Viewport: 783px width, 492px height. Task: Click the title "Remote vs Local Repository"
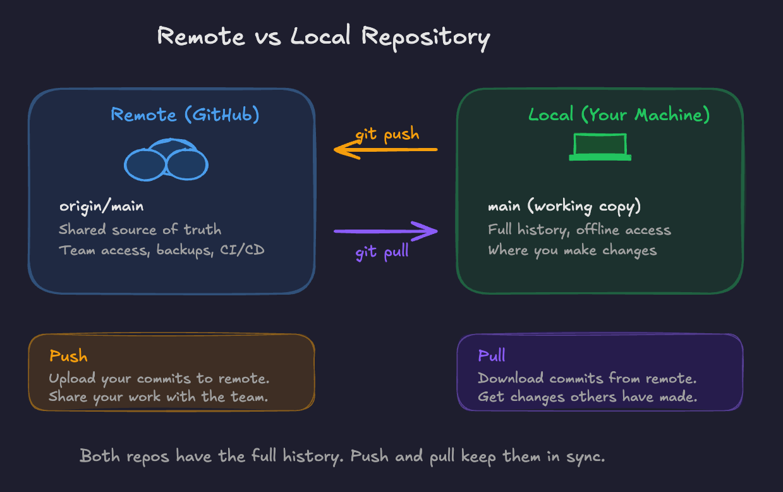click(x=323, y=36)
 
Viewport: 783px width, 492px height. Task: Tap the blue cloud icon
click(x=166, y=161)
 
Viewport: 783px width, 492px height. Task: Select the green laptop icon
click(x=600, y=147)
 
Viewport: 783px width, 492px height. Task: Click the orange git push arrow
click(x=385, y=150)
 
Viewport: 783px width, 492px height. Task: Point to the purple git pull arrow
click(x=385, y=231)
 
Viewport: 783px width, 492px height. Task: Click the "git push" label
click(x=387, y=135)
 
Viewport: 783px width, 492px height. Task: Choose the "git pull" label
click(x=382, y=252)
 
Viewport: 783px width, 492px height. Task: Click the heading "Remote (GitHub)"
click(x=185, y=114)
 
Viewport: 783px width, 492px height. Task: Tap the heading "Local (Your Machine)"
click(x=619, y=114)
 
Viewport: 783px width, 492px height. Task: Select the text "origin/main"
click(x=101, y=206)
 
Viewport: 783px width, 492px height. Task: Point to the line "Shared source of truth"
click(x=140, y=229)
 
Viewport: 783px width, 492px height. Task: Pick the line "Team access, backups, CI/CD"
click(x=161, y=250)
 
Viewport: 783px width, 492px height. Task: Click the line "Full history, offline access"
click(x=579, y=229)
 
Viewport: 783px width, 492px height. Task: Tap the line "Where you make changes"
click(x=572, y=250)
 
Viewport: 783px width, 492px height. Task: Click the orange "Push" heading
click(x=68, y=356)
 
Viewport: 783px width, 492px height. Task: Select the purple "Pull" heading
click(x=492, y=355)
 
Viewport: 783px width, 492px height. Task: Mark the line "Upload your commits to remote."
click(x=159, y=378)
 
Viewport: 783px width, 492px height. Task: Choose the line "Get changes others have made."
click(x=588, y=397)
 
